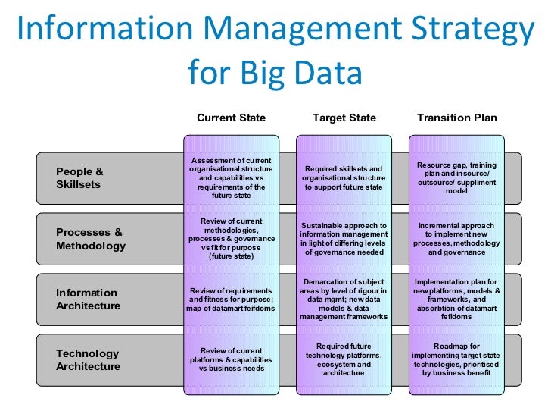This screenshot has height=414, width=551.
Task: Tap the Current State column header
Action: [231, 118]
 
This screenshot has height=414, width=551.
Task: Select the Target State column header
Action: [344, 118]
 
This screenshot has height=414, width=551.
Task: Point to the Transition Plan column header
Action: [456, 118]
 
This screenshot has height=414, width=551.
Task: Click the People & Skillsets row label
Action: [79, 178]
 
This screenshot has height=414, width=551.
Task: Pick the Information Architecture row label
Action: [88, 300]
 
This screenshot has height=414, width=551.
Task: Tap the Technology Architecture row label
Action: [88, 360]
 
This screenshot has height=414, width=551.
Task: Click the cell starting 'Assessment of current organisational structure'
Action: [231, 178]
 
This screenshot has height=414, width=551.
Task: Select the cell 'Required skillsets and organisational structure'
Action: [344, 178]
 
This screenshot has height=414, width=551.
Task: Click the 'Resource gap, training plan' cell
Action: [456, 178]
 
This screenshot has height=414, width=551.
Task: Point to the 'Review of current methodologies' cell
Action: [231, 239]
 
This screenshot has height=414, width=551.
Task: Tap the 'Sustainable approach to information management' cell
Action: [344, 239]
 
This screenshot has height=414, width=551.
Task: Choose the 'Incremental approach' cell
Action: [456, 239]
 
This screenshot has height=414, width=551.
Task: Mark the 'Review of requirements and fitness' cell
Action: [231, 300]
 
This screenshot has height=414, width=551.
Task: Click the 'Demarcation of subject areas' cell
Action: [344, 300]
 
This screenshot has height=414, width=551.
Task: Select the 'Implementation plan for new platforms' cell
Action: [456, 300]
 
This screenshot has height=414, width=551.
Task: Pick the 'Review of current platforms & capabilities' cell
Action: [231, 359]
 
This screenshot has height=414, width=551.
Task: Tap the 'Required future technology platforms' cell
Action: [344, 359]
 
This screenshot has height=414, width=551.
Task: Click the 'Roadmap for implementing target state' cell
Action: [456, 359]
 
